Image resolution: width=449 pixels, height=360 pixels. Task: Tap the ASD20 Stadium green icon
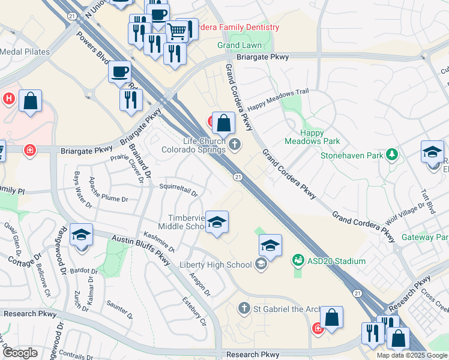(298, 260)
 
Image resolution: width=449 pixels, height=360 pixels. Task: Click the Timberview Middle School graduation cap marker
(216, 223)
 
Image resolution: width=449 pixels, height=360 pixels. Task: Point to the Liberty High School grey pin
(261, 264)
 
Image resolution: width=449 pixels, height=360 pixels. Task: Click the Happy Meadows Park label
(320, 137)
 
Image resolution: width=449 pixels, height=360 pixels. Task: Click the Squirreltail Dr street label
(178, 190)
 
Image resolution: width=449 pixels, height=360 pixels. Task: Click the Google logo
(20, 353)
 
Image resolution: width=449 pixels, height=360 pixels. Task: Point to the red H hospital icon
(9, 98)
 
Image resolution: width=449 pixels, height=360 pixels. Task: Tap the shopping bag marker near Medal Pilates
(30, 101)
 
